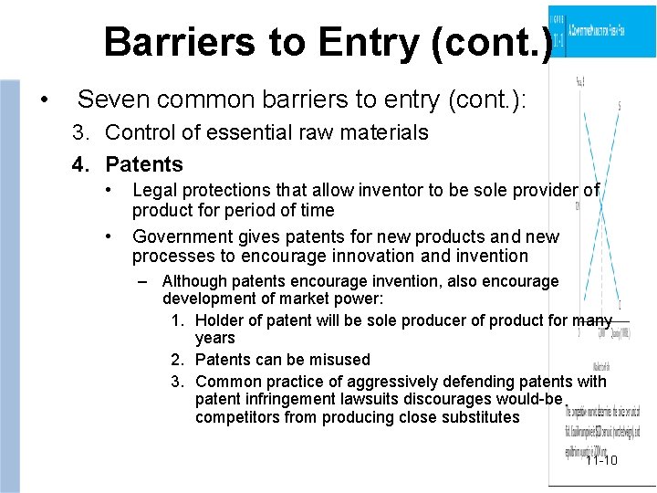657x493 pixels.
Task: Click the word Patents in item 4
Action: pyautogui.click(x=144, y=165)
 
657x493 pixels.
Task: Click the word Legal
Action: pyautogui.click(x=153, y=190)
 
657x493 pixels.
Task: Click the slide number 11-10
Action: pyautogui.click(x=602, y=459)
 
